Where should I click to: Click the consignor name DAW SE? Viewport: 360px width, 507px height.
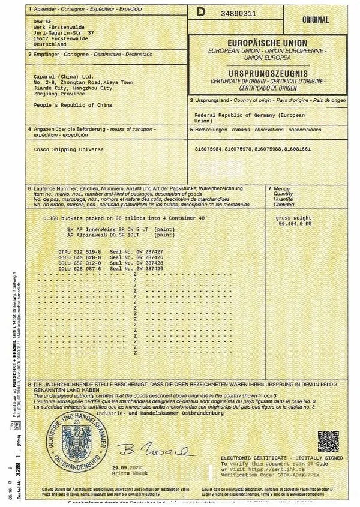pyautogui.click(x=41, y=21)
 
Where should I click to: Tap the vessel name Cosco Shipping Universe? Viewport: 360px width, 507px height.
pyautogui.click(x=61, y=149)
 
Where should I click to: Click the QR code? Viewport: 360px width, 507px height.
pyautogui.click(x=329, y=442)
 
